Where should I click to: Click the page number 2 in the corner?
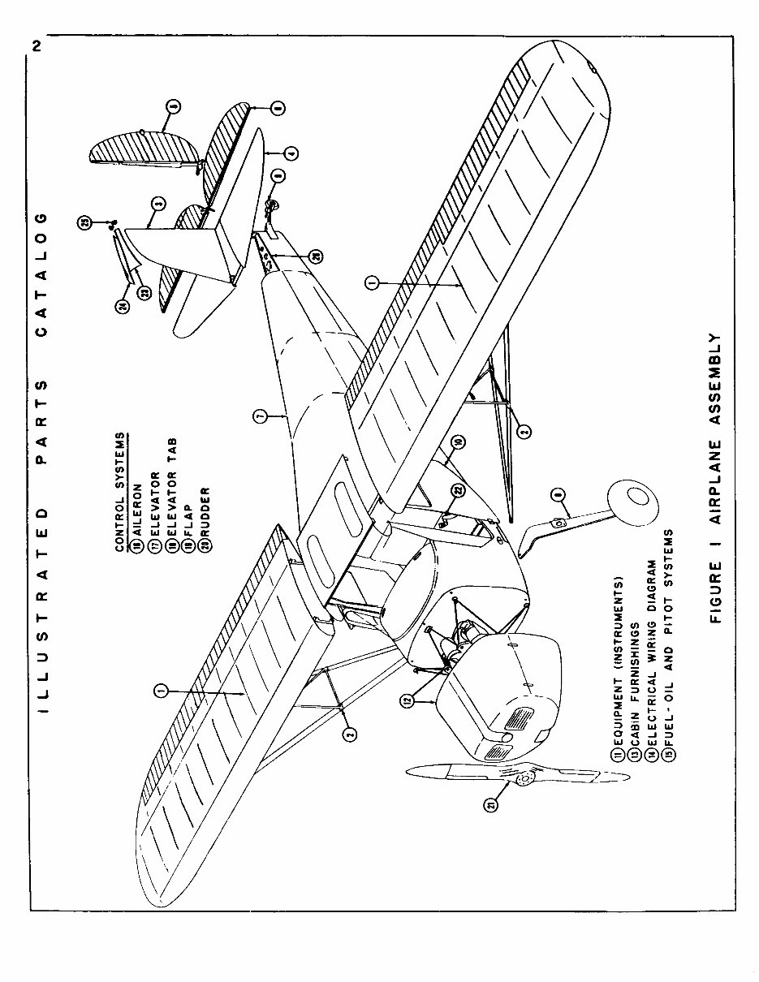(37, 46)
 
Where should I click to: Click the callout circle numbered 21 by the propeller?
(490, 805)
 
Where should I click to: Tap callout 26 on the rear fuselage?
(316, 256)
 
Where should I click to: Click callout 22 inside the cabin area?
(458, 490)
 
